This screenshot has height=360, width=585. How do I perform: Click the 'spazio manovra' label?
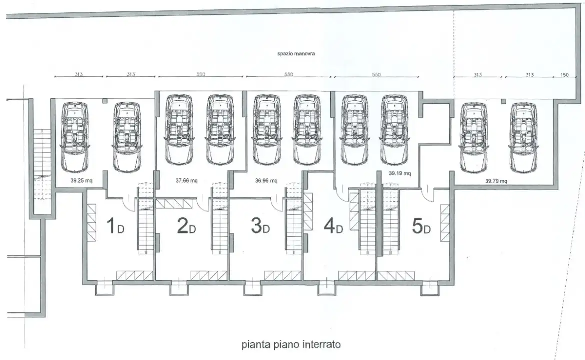(x=296, y=53)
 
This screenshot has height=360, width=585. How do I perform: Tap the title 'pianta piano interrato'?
(x=291, y=344)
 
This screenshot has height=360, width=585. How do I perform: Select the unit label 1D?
(x=115, y=226)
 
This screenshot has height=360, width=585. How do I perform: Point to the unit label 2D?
(x=186, y=226)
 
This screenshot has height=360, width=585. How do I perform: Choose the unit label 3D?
(x=260, y=226)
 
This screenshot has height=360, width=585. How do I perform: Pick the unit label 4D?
(x=333, y=226)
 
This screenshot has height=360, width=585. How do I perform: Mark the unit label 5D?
(x=421, y=226)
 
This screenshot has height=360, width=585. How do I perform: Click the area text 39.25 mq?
(x=81, y=181)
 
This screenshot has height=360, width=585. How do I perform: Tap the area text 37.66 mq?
(x=186, y=181)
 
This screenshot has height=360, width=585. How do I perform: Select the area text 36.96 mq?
(x=266, y=181)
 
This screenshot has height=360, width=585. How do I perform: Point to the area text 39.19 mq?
(x=400, y=173)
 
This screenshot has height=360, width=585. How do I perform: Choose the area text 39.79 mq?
(x=496, y=181)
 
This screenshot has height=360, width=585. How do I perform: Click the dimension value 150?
(x=564, y=75)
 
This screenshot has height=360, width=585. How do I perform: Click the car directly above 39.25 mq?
(x=75, y=137)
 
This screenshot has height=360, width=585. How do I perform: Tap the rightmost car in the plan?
(x=523, y=137)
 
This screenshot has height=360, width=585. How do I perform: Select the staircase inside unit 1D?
(x=146, y=218)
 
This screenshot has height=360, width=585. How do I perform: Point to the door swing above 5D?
(x=427, y=193)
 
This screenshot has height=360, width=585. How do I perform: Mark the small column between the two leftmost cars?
(x=105, y=100)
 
